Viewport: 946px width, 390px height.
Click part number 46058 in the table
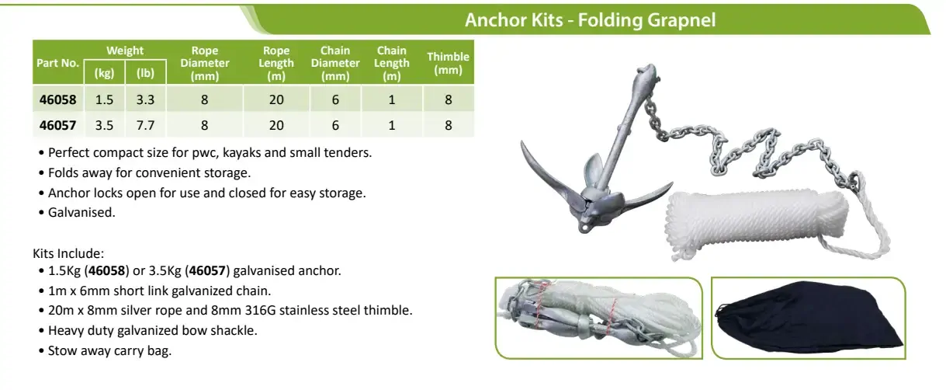click(58, 99)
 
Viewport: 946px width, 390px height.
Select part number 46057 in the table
click(58, 126)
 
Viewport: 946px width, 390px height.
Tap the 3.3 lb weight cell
click(145, 99)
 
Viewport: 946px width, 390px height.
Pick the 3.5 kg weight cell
click(104, 126)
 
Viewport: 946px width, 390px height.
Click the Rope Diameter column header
click(205, 63)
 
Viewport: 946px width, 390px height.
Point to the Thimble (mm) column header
click(448, 63)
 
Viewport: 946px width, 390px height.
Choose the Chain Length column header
click(391, 63)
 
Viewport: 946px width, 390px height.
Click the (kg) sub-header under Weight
click(104, 73)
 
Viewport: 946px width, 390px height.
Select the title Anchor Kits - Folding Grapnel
click(590, 20)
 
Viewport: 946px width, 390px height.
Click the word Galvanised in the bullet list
click(81, 212)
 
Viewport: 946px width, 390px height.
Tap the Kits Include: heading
click(68, 253)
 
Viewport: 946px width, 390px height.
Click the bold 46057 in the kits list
click(207, 270)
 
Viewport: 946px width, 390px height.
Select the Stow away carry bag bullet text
click(109, 350)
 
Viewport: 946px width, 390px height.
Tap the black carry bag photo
click(809, 318)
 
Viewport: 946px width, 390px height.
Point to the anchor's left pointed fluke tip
click(522, 143)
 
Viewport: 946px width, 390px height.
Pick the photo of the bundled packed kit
click(599, 318)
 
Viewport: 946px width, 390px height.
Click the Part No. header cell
click(58, 63)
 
